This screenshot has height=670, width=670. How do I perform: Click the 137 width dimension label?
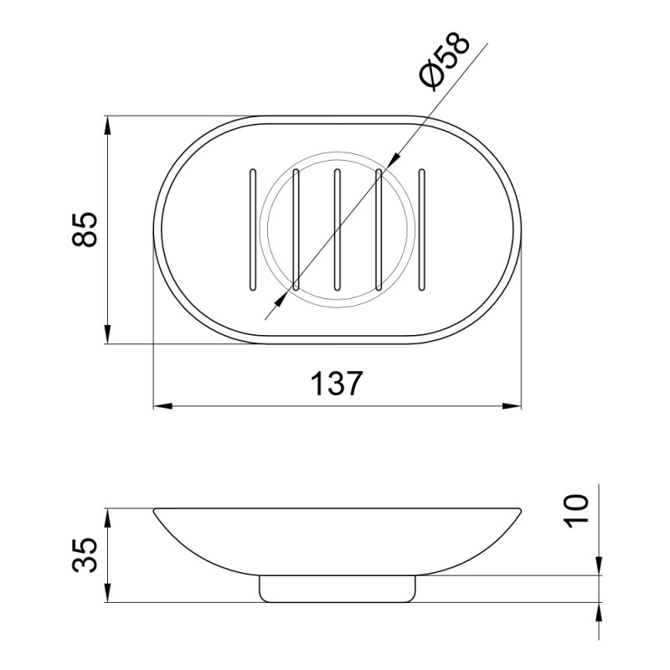pyautogui.click(x=338, y=384)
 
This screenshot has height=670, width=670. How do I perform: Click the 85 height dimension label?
pyautogui.click(x=85, y=229)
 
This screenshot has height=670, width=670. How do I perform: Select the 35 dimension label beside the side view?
pyautogui.click(x=85, y=554)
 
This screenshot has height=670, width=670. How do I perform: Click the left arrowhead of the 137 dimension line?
pyautogui.click(x=162, y=408)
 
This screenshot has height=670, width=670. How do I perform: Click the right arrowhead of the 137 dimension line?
pyautogui.click(x=513, y=408)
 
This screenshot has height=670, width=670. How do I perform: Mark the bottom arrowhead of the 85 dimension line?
pyautogui.click(x=107, y=335)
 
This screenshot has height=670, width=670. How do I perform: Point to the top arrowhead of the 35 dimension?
pyautogui.click(x=107, y=515)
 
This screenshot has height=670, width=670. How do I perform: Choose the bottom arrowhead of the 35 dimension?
pyautogui.click(x=107, y=595)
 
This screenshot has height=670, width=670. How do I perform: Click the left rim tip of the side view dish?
pyautogui.click(x=156, y=510)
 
